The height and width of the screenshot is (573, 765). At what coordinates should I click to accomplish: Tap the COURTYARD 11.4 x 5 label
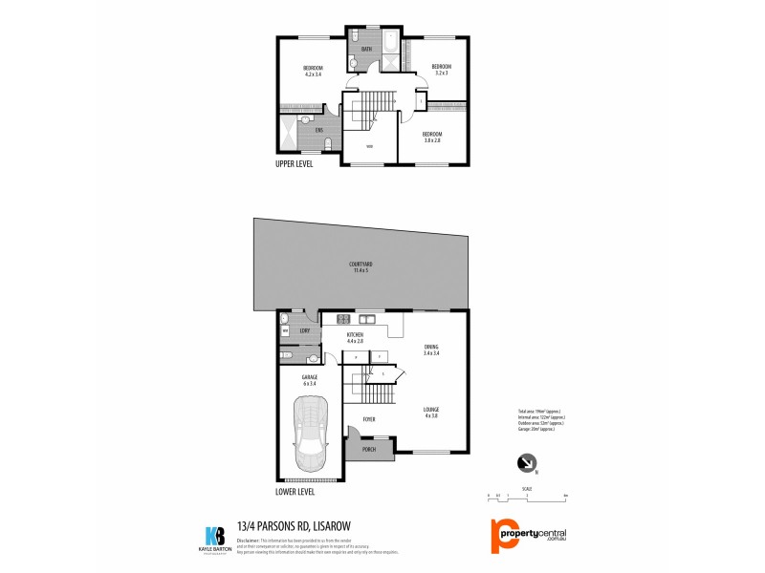tap(361, 266)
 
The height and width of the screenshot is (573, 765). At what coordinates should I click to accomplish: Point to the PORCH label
tap(368, 449)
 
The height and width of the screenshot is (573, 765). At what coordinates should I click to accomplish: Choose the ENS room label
tap(306, 129)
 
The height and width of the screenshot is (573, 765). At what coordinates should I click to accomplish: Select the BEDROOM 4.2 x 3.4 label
tap(313, 71)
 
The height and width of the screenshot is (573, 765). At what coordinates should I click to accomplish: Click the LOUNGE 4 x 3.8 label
tap(432, 413)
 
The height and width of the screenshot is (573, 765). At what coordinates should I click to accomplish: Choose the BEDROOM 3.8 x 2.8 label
tap(433, 137)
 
